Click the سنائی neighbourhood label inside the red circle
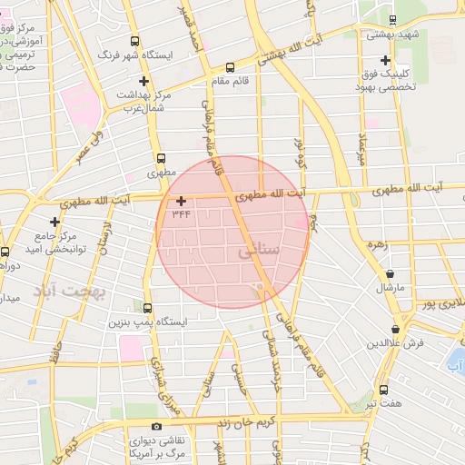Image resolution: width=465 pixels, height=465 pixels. click(x=257, y=252)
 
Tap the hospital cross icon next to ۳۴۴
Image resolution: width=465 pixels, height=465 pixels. click(x=181, y=201)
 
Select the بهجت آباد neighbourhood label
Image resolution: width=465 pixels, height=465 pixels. click(x=70, y=292)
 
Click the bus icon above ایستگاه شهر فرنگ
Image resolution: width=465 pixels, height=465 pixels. click(x=135, y=41)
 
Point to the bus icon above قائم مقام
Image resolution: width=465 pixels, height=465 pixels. click(x=229, y=66)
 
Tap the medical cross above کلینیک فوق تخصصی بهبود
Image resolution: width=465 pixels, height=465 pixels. click(x=385, y=60)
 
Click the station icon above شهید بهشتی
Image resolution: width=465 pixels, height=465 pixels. click(x=391, y=20)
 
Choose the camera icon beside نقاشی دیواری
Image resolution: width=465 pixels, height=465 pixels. click(x=157, y=426)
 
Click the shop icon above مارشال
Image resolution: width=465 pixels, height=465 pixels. click(x=391, y=273)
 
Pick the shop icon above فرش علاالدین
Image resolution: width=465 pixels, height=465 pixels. click(x=395, y=330)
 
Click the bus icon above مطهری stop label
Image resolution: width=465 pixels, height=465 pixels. click(x=161, y=157)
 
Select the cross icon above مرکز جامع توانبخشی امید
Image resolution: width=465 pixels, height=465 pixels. click(x=55, y=222)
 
